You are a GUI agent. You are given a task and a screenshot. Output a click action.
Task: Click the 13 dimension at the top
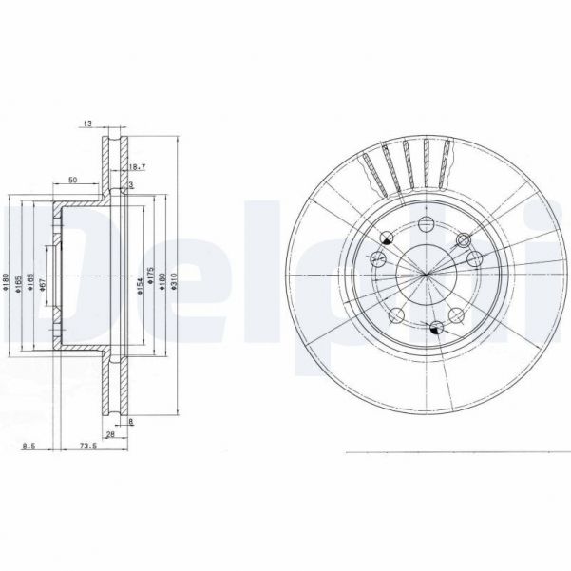87,123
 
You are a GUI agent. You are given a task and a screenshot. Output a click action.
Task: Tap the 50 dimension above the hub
72,180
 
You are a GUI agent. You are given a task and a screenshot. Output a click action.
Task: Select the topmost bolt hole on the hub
426,223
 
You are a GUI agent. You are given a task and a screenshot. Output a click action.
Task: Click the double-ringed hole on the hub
472,258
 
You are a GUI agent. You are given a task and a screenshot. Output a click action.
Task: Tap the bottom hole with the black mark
435,328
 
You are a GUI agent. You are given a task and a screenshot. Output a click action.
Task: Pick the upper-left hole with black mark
386,241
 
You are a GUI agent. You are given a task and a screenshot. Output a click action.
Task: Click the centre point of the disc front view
427,276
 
